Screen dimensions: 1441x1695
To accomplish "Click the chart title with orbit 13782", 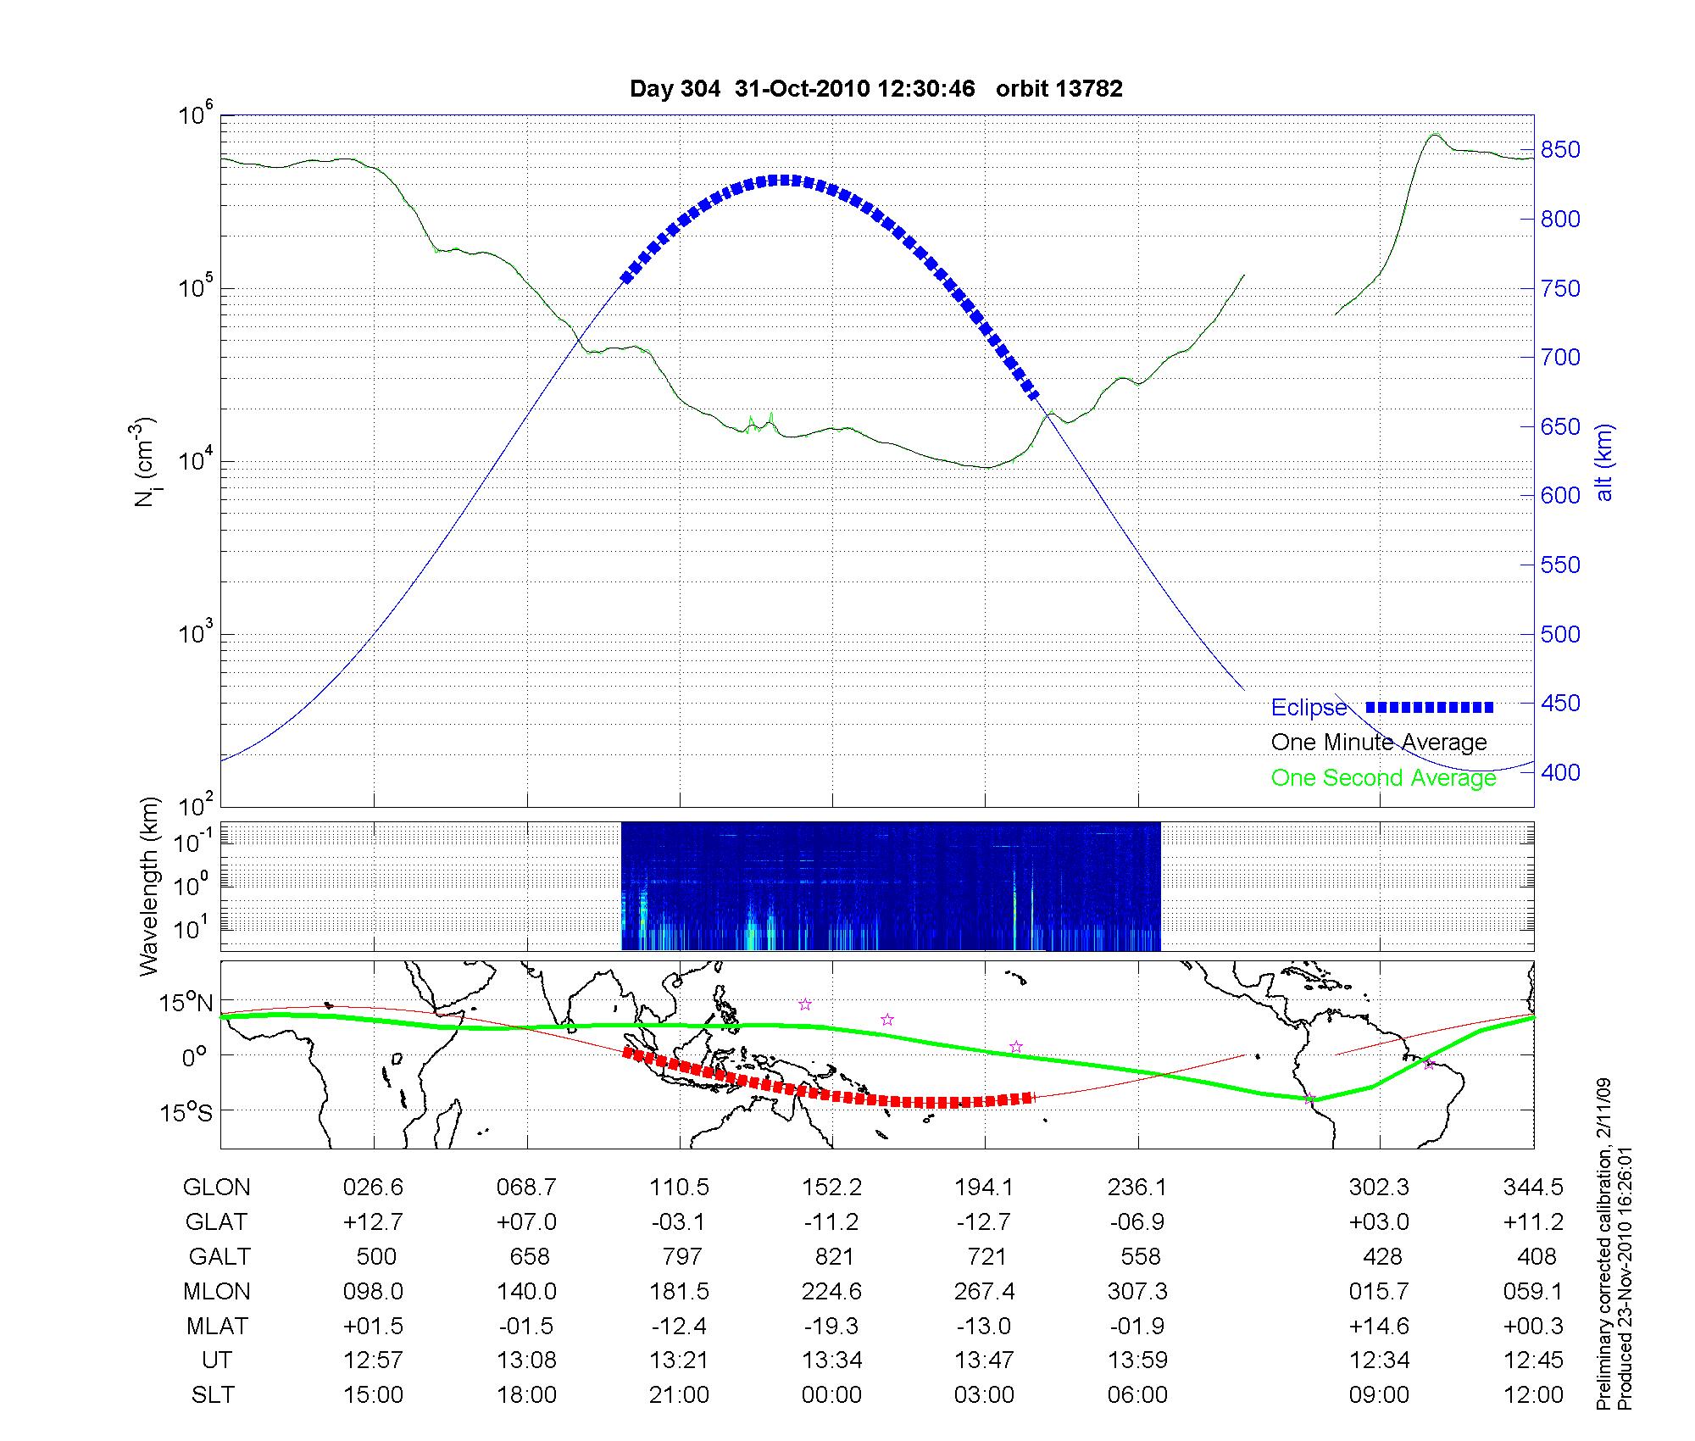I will pos(875,89).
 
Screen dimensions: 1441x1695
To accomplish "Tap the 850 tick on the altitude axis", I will pos(1560,150).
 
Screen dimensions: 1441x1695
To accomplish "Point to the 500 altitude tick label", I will pos(1560,635).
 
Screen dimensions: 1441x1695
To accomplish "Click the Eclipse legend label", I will pos(1309,708).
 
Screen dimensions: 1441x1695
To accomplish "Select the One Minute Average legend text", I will pos(1379,743).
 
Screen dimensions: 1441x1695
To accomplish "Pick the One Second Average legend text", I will pos(1383,778).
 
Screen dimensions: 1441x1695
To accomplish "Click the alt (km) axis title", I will pos(1604,462).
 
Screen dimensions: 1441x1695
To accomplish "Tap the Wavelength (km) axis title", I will pos(149,886).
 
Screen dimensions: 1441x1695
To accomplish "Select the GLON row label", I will pos(216,1188).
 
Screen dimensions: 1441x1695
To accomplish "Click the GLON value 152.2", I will pos(831,1188).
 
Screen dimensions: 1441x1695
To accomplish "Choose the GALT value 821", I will pos(833,1256).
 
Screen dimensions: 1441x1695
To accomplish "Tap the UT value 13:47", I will pos(984,1360).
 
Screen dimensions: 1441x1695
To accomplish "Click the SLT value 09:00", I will pos(1380,1395).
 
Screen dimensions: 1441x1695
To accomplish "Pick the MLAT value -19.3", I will pos(831,1326).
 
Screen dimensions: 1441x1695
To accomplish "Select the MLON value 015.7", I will pos(1379,1292).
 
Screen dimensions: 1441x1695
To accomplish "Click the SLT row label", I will pos(213,1395).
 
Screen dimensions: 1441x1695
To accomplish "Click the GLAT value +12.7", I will pos(373,1222).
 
